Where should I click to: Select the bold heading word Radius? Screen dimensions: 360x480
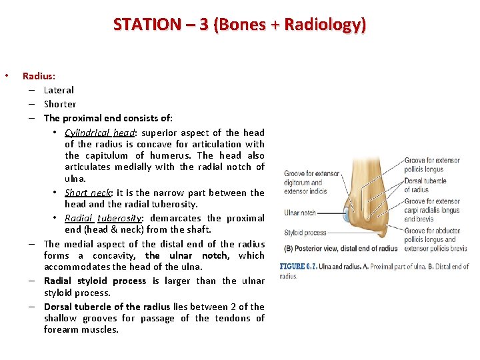tap(39, 77)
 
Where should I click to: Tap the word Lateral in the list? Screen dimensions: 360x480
tap(59, 90)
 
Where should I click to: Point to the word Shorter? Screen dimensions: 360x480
tap(60, 104)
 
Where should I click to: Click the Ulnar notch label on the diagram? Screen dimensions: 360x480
tap(300, 213)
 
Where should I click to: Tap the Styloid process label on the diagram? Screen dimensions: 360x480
tap(304, 233)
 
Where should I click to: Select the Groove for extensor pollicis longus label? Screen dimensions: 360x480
tap(432, 165)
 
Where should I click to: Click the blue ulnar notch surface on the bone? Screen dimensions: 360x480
tap(345, 215)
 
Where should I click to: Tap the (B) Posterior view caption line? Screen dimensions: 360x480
tap(340, 249)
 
